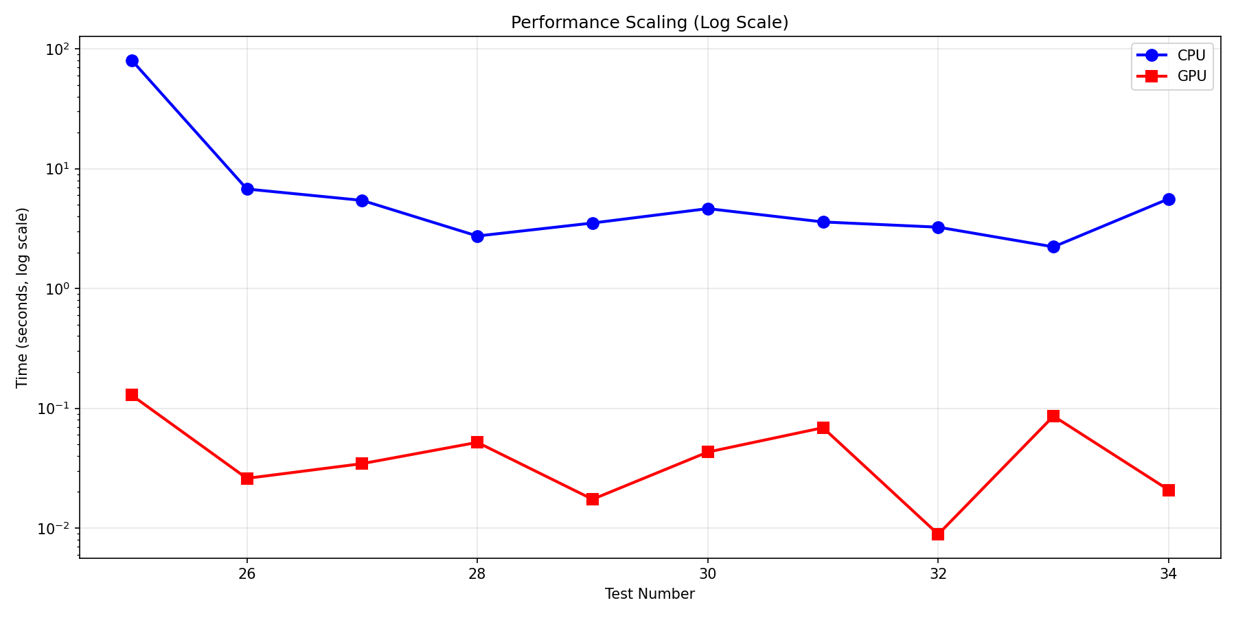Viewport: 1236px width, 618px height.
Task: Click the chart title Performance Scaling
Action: click(649, 23)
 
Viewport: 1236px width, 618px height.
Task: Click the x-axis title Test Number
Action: click(649, 594)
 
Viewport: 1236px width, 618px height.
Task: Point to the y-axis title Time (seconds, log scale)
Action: click(23, 297)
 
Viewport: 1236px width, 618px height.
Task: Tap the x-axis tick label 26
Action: click(247, 574)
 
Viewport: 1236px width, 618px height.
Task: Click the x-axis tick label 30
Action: click(707, 574)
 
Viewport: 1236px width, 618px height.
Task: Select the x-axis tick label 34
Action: click(1168, 574)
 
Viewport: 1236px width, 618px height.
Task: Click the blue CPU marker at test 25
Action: click(132, 60)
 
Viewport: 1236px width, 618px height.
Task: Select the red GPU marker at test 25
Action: click(132, 395)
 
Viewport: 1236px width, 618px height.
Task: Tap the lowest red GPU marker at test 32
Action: click(938, 534)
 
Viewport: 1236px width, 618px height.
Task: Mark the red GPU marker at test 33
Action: click(1053, 416)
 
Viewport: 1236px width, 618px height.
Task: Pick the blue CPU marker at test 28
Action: click(477, 236)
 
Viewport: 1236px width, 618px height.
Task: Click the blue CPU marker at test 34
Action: click(1169, 199)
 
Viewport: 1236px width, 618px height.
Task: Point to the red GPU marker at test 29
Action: click(593, 499)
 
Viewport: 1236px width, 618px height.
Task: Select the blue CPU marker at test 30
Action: click(708, 209)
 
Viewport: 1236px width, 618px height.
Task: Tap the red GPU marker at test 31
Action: click(823, 428)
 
